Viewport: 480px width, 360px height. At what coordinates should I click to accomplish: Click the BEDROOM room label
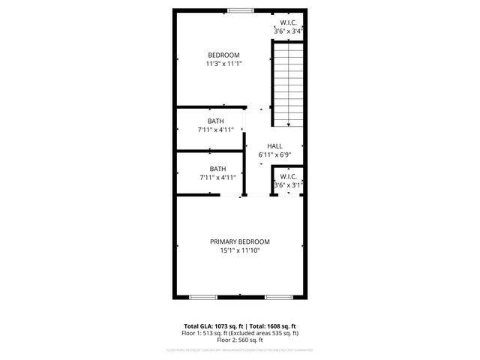[223, 55]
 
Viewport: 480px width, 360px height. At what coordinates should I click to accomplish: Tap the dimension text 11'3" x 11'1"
[223, 64]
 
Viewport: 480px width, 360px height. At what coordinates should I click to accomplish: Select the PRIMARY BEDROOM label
[239, 241]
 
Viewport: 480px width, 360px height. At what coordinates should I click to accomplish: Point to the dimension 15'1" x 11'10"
[239, 251]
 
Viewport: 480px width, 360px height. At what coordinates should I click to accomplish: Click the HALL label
[274, 146]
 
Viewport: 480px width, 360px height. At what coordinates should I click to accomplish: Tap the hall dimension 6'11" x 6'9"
[274, 155]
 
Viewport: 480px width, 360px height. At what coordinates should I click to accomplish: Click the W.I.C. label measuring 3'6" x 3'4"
[289, 22]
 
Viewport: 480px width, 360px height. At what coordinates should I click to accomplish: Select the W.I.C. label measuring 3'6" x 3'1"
[289, 176]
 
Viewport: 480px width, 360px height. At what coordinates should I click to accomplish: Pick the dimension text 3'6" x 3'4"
[289, 31]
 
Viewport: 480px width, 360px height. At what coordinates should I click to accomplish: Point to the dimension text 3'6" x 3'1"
[289, 184]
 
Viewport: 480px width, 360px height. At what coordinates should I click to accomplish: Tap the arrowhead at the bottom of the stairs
[288, 124]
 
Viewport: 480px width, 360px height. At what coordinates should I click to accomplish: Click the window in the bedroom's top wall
[240, 10]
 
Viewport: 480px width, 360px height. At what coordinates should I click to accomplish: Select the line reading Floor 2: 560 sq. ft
[240, 339]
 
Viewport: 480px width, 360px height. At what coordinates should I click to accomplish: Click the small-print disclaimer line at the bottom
[240, 349]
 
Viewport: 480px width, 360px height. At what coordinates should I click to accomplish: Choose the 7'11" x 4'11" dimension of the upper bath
[217, 130]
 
